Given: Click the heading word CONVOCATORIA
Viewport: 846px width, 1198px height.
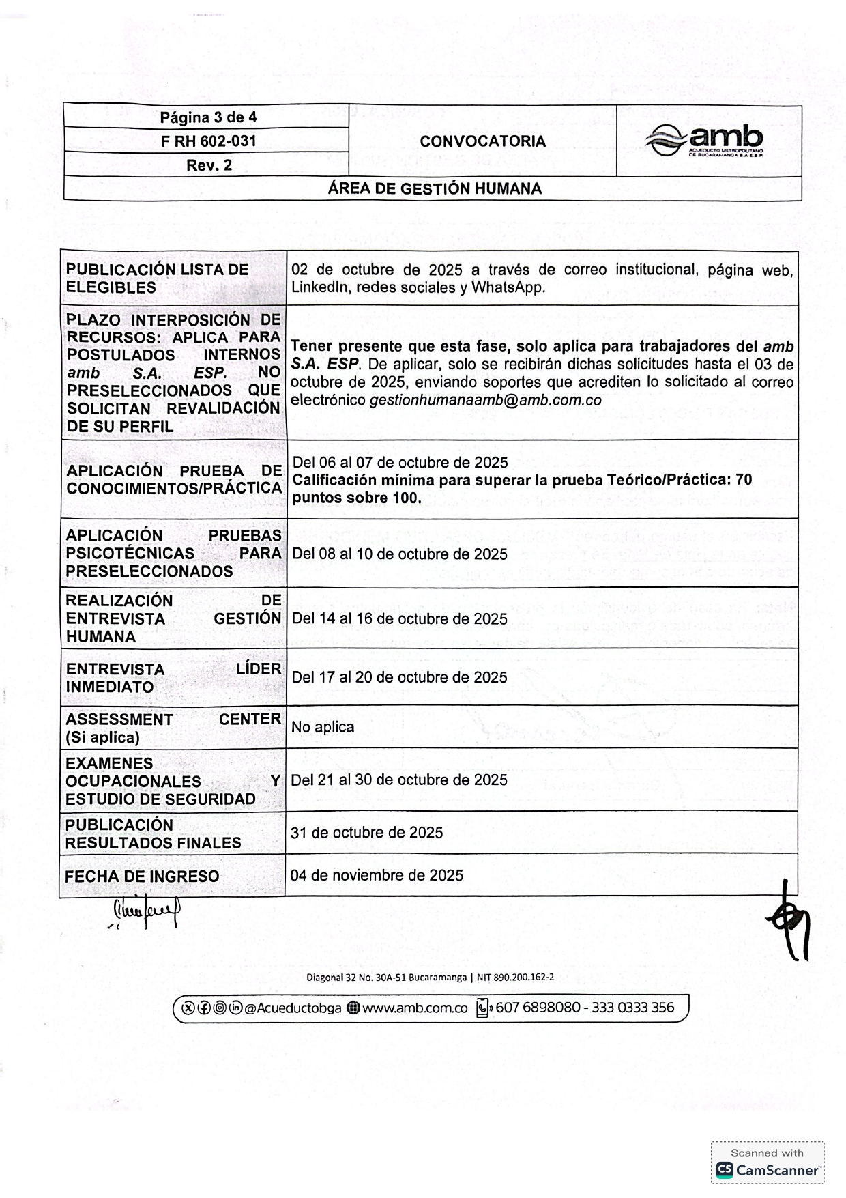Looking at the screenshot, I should click(482, 141).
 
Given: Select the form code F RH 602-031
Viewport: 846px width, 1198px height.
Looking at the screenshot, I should click(208, 141).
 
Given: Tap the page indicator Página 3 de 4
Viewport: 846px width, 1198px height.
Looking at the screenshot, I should click(208, 117).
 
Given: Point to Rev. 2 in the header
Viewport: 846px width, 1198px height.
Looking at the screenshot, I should click(209, 165).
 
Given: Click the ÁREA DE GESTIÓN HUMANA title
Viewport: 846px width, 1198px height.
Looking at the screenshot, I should click(435, 189).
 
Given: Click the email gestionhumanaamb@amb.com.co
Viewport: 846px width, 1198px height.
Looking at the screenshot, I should click(486, 401).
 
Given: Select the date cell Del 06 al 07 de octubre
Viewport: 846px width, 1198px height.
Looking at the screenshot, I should click(400, 462).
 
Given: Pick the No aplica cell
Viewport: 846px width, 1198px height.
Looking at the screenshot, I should click(323, 727).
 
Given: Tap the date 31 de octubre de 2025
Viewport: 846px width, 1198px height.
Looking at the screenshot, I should click(366, 833).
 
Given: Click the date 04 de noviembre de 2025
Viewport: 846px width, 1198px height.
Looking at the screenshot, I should click(377, 875).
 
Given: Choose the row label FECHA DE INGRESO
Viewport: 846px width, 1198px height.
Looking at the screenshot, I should click(142, 876).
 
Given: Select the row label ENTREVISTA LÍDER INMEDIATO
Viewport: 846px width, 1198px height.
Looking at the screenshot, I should click(173, 678).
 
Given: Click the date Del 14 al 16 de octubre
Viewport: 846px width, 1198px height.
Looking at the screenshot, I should click(400, 619).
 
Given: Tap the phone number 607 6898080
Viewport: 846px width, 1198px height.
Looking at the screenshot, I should click(538, 1008).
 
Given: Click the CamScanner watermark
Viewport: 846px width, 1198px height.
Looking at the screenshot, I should click(768, 1163).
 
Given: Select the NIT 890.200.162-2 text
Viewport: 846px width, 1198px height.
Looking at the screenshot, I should click(515, 977).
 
